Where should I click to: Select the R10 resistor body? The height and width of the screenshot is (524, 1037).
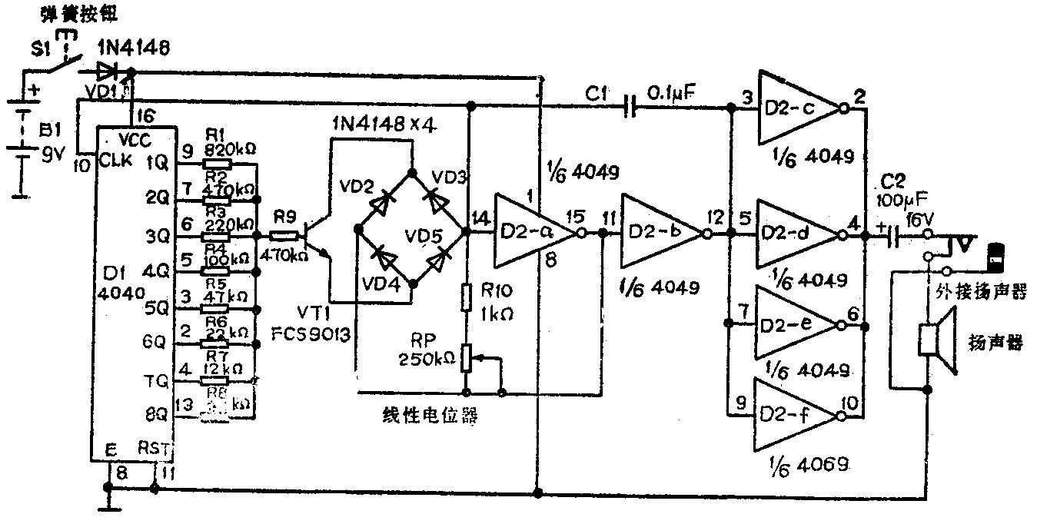(x=466, y=297)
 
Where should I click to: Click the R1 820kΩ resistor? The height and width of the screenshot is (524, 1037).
(x=216, y=163)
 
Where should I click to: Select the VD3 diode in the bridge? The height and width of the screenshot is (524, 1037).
(x=437, y=199)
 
